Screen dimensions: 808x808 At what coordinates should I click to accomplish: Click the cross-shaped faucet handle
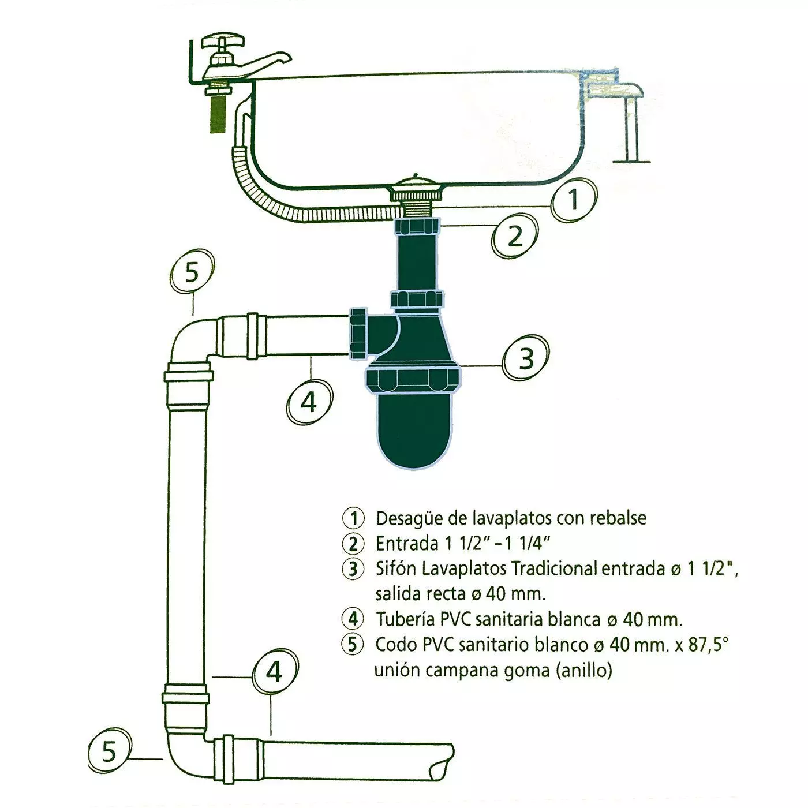pyautogui.click(x=222, y=42)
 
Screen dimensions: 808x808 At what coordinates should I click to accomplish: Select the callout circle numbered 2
pyautogui.click(x=515, y=237)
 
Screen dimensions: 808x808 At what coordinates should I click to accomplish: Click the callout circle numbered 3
pyautogui.click(x=526, y=358)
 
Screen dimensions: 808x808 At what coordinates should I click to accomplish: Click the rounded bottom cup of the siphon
pyautogui.click(x=414, y=431)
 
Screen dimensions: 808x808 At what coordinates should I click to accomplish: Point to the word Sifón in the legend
pyautogui.click(x=396, y=569)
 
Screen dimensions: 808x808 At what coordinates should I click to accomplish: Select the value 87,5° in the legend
pyautogui.click(x=706, y=645)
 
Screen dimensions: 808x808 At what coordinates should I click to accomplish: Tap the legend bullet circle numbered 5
pyautogui.click(x=353, y=645)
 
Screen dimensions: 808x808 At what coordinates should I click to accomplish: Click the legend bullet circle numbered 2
pyautogui.click(x=353, y=544)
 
